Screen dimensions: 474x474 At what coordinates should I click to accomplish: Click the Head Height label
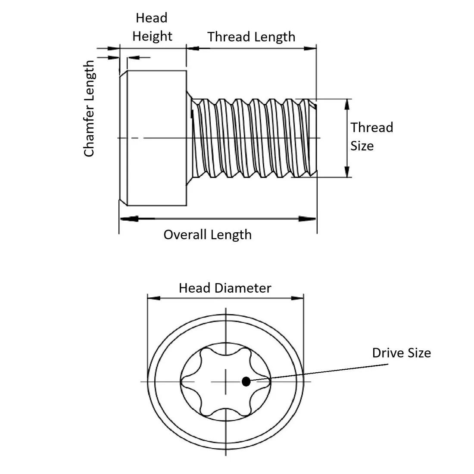click(x=152, y=27)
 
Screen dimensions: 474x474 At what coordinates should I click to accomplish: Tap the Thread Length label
click(x=251, y=37)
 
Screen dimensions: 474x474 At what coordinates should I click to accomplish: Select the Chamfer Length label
click(x=89, y=109)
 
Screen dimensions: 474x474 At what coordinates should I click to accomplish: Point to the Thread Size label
click(x=371, y=136)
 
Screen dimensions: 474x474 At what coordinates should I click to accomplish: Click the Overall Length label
click(x=207, y=235)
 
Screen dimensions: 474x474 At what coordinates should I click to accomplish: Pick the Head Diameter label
click(x=225, y=288)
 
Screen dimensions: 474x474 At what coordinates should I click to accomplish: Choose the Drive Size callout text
click(x=401, y=353)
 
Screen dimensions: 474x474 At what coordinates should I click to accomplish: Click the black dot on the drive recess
click(x=246, y=381)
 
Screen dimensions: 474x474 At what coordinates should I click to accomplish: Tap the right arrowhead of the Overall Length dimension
click(x=312, y=219)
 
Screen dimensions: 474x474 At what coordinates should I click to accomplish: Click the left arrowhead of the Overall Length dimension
click(x=125, y=219)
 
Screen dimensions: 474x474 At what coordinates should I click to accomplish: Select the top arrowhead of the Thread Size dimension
click(x=347, y=103)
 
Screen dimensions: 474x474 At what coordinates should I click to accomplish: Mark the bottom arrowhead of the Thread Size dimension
click(x=347, y=173)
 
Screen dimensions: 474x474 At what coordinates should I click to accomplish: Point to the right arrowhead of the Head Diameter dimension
click(x=299, y=298)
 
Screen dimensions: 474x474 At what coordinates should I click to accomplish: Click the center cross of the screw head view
click(x=225, y=381)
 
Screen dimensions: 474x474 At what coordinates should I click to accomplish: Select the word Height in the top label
click(x=152, y=36)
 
